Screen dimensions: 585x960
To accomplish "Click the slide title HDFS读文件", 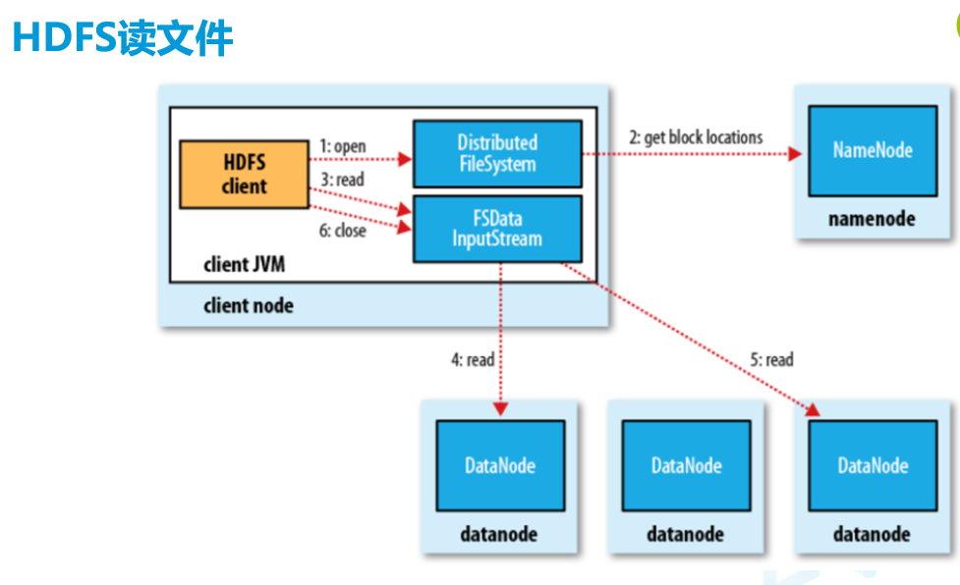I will tap(122, 38).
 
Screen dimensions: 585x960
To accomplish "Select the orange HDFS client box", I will tap(244, 174).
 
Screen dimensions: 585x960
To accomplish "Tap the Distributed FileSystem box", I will tap(496, 153).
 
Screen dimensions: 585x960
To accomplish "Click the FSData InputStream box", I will tap(496, 228).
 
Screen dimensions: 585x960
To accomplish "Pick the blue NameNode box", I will tap(872, 150).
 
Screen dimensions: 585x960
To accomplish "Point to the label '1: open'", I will tap(343, 146).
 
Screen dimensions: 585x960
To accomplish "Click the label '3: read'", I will tap(342, 181).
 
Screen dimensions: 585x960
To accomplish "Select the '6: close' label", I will tap(342, 231).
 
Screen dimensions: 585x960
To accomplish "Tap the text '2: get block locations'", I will tap(696, 137).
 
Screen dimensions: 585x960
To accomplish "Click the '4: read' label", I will tap(473, 360).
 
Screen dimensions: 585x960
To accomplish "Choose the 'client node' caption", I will tap(248, 305).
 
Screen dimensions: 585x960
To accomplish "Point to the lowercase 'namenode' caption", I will tap(872, 218).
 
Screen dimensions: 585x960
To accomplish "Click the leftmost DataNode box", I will tap(500, 466).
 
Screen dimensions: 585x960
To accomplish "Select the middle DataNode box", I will tap(686, 466).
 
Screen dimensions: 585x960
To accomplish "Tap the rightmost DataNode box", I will tap(872, 466).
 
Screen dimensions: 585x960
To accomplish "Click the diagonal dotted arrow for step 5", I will tap(688, 339).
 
